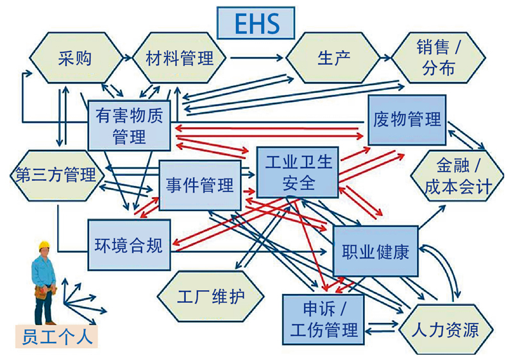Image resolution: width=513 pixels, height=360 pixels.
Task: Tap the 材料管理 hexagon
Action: pos(179,58)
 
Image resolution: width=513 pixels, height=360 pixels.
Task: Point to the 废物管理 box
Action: pos(407,119)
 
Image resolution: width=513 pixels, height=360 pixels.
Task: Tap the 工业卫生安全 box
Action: pos(298,172)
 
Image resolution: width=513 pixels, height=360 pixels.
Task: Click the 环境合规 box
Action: pos(128,244)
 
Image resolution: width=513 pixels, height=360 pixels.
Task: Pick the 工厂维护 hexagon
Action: pos(211,297)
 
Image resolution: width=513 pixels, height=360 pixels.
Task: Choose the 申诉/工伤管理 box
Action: pos(324,320)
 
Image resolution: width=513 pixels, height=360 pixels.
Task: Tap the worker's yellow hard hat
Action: pos(44,245)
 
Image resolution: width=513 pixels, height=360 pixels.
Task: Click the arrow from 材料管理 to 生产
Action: pos(256,58)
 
